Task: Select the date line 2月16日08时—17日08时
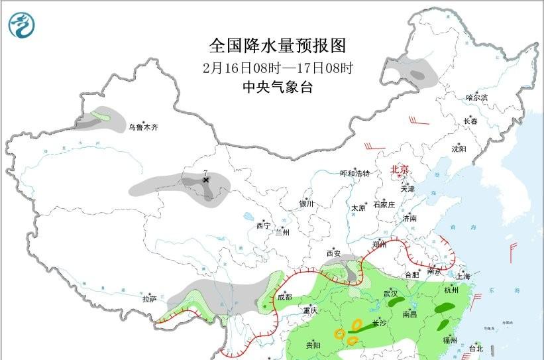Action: coord(278,68)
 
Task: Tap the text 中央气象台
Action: coord(278,87)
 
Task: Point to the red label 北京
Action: coord(402,170)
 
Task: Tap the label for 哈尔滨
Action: coord(476,97)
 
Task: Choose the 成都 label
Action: coord(285,297)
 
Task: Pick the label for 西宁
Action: coord(263,226)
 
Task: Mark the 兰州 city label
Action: coord(282,233)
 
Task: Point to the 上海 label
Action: coord(464,276)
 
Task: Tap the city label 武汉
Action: coord(391,293)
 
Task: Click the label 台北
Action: coord(476,348)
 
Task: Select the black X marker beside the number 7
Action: coord(206,180)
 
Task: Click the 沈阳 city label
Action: coord(459,149)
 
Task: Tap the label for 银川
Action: coord(305,204)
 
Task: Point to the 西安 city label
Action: coord(333,253)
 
